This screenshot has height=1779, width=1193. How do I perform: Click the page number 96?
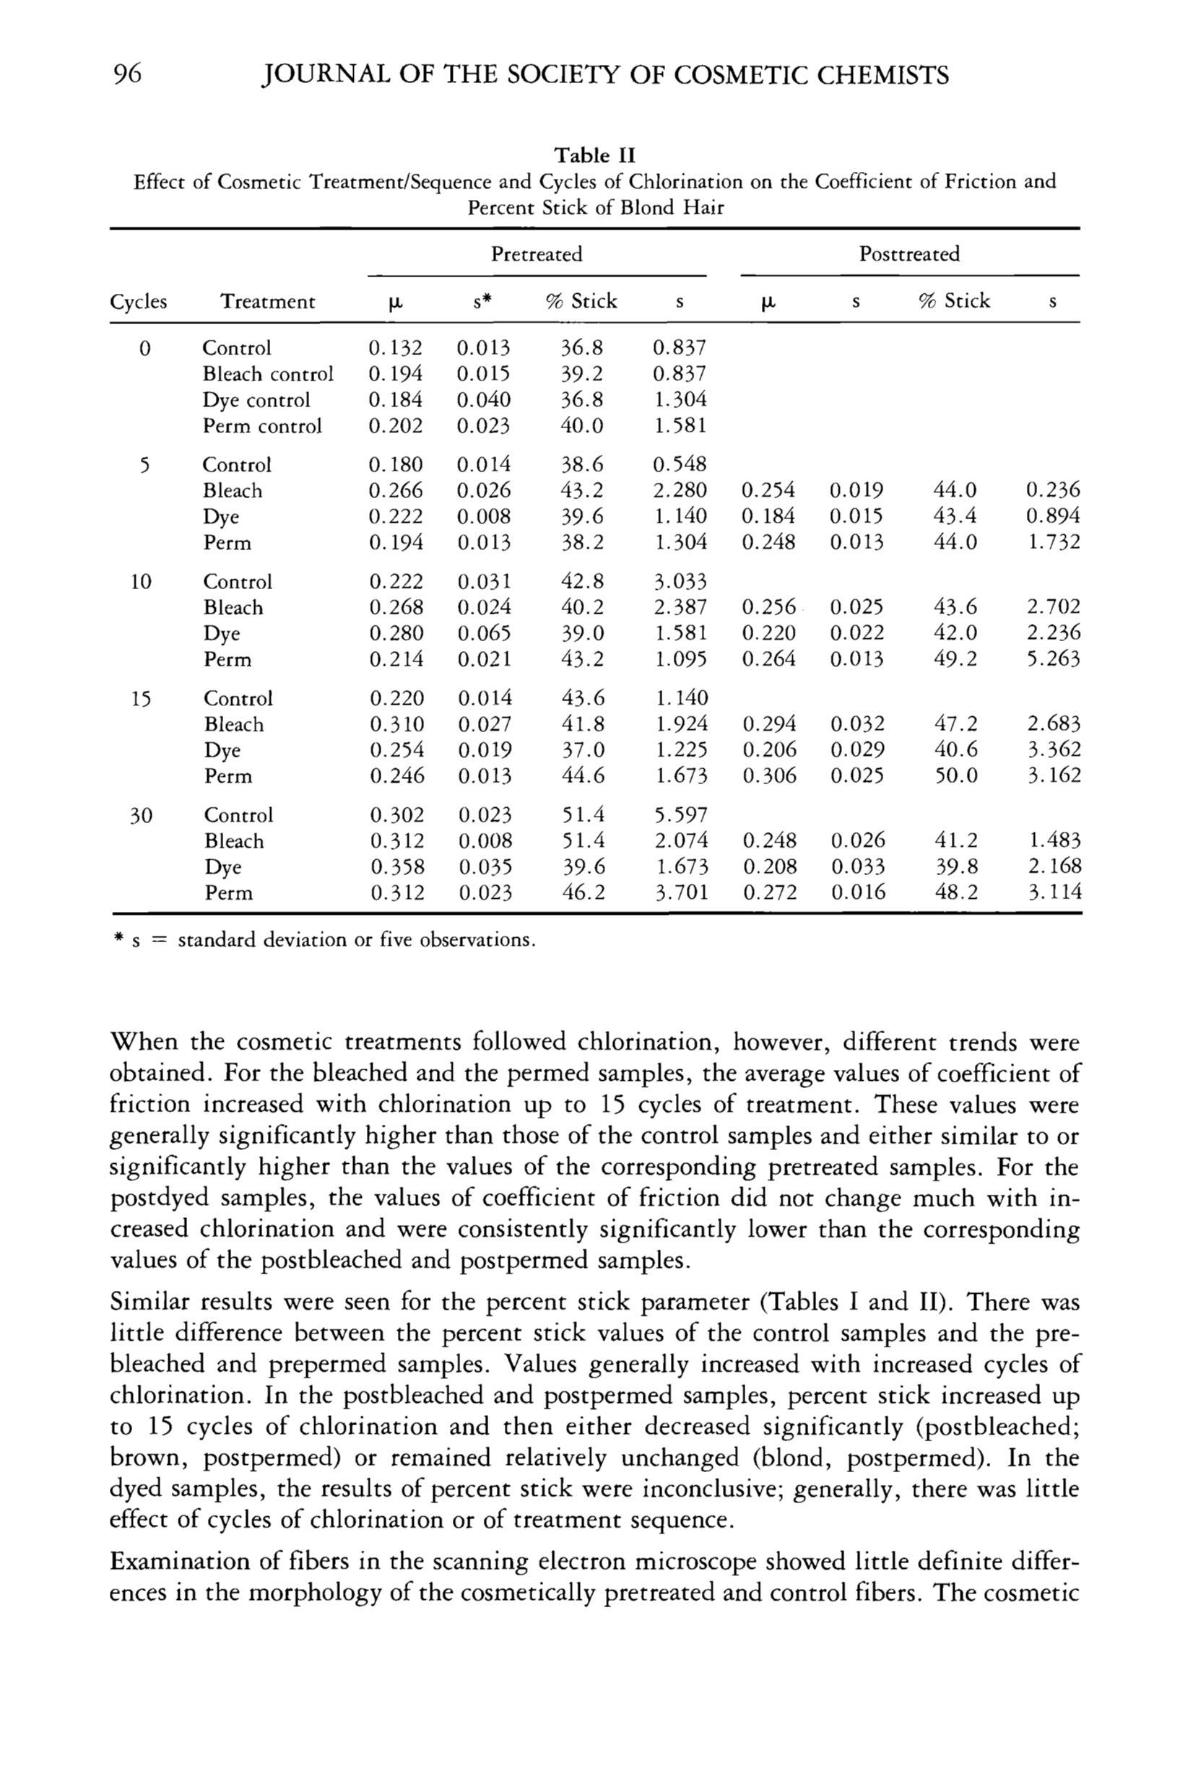(x=127, y=74)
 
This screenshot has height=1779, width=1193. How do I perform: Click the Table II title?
(x=594, y=155)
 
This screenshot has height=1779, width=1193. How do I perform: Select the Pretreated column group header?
(x=537, y=254)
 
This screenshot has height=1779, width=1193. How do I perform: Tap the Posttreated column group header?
(x=909, y=254)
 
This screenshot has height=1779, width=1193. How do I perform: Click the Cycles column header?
(x=138, y=302)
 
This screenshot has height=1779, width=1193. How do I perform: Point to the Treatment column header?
(x=267, y=302)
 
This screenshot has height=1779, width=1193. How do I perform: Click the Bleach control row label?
(x=268, y=374)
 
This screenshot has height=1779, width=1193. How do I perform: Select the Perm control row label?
(x=261, y=426)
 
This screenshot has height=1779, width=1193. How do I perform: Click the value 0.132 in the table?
(x=395, y=348)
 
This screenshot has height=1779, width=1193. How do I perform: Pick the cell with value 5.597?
(x=681, y=814)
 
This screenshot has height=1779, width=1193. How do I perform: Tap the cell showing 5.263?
(x=1053, y=658)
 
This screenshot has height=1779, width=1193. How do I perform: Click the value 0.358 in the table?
(x=397, y=867)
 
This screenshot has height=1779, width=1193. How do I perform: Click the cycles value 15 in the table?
(x=140, y=699)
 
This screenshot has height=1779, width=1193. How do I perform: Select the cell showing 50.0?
(x=956, y=776)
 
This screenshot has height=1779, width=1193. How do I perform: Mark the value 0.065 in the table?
(x=485, y=634)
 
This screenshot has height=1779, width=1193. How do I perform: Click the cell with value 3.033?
(x=681, y=582)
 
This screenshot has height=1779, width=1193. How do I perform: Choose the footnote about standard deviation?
(x=324, y=940)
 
